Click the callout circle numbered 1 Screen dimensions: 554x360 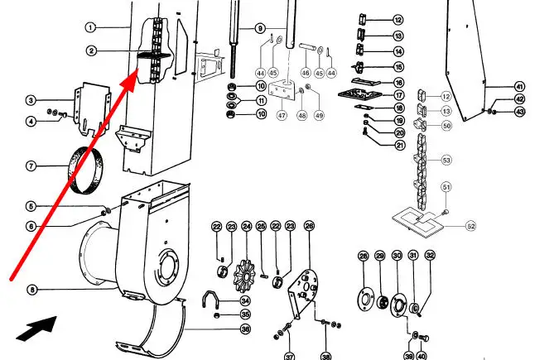(x=90, y=27)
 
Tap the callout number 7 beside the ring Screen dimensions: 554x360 (x=31, y=166)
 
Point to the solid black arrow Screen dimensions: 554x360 (x=36, y=329)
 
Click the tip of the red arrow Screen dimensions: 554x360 (x=137, y=71)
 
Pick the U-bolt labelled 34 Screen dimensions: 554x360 (x=210, y=300)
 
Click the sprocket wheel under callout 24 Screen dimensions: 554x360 (x=246, y=276)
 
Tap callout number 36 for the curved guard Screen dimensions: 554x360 (x=246, y=329)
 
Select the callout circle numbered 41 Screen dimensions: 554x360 (x=519, y=86)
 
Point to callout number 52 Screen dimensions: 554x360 (x=470, y=226)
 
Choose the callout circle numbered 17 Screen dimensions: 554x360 (x=399, y=95)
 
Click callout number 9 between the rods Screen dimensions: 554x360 (x=260, y=28)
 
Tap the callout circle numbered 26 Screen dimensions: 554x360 (x=309, y=226)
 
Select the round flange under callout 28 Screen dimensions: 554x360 (x=366, y=300)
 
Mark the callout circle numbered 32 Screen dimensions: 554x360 (x=430, y=255)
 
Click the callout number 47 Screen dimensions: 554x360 (x=282, y=115)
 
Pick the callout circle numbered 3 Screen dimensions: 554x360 (x=31, y=100)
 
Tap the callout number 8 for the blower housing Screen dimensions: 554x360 (x=32, y=290)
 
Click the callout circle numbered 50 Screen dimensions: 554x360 (x=446, y=125)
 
